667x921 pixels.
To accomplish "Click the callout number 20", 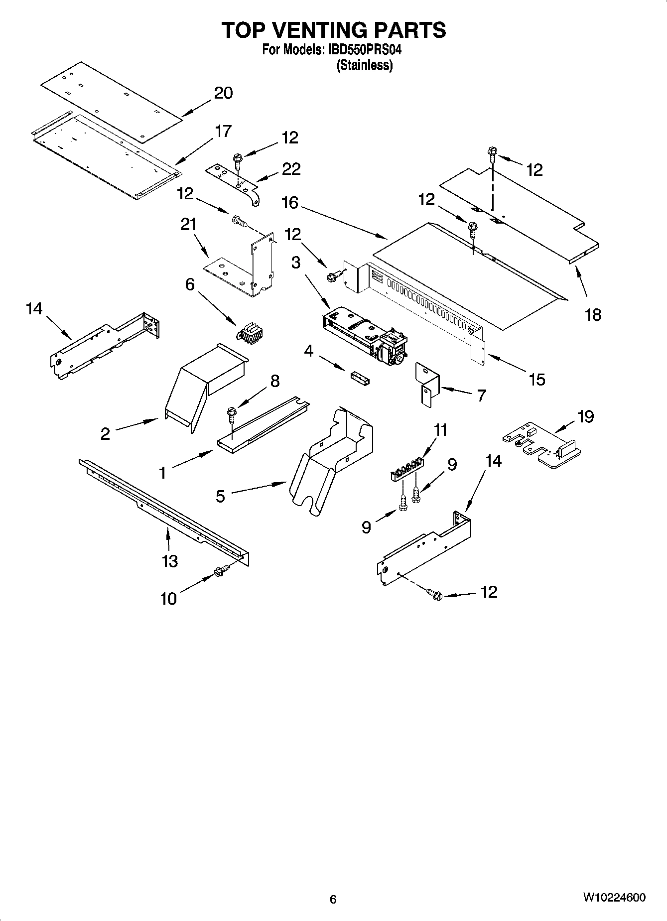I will pyautogui.click(x=224, y=93).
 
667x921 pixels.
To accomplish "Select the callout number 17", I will pyautogui.click(x=223, y=131).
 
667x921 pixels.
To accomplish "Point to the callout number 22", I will pyautogui.click(x=291, y=169).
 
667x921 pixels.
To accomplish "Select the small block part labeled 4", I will pyautogui.click(x=359, y=378).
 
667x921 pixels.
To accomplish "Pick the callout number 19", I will pyautogui.click(x=586, y=416).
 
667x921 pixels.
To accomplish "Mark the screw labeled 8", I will pyautogui.click(x=231, y=413).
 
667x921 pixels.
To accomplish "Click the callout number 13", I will pyautogui.click(x=170, y=561).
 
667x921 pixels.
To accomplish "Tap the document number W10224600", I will pyautogui.click(x=614, y=898).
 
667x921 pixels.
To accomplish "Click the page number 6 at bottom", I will pyautogui.click(x=333, y=899).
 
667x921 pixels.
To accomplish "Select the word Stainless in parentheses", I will pyautogui.click(x=365, y=65).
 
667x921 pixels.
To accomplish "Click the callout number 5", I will pyautogui.click(x=221, y=496).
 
